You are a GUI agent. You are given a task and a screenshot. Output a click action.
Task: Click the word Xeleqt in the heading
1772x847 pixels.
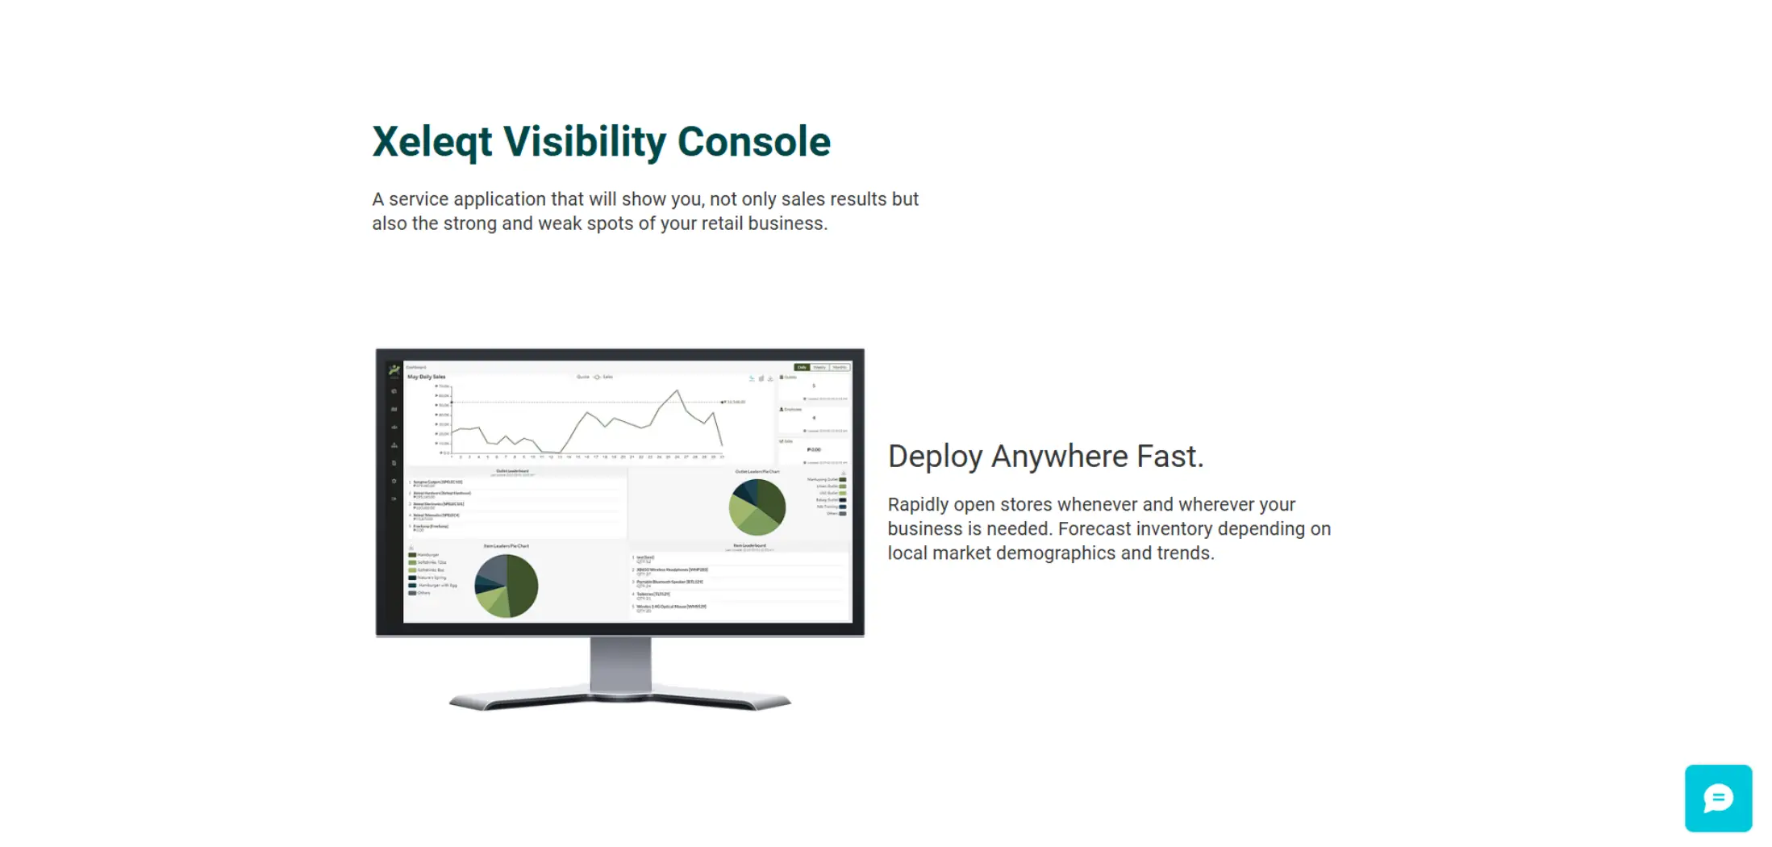click(x=432, y=142)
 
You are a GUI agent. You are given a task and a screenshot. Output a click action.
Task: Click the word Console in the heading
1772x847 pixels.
click(x=753, y=142)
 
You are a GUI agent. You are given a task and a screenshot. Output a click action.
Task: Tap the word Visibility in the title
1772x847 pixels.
click(x=584, y=142)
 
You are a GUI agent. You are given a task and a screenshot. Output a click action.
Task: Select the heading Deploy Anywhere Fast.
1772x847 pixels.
click(x=1045, y=457)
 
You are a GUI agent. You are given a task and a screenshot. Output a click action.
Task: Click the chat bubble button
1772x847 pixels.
click(x=1718, y=798)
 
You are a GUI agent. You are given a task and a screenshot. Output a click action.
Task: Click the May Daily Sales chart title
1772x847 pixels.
click(x=426, y=377)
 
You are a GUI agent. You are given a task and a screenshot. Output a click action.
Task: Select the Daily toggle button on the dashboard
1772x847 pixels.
click(x=802, y=367)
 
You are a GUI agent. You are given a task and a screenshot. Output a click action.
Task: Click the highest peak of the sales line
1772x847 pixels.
click(x=678, y=391)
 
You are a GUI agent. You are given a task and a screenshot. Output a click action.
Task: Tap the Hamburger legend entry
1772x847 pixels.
click(x=427, y=555)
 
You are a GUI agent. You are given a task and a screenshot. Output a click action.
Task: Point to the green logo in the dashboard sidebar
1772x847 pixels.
click(x=394, y=370)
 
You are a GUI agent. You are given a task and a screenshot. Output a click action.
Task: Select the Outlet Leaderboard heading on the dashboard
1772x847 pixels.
click(x=512, y=471)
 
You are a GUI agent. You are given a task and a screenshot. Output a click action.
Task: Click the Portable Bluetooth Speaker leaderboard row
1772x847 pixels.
click(x=669, y=582)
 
